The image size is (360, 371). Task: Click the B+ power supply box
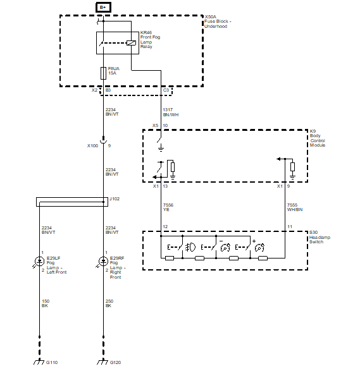(103, 8)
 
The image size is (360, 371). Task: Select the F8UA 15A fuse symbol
(103, 73)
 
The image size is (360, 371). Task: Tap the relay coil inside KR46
(131, 43)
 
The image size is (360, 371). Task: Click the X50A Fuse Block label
(218, 21)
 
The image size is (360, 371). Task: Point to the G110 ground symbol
(39, 362)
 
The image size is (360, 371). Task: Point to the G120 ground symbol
(102, 362)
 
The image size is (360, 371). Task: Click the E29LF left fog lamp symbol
(39, 262)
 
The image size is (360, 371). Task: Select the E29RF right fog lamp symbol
(103, 262)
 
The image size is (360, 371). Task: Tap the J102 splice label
(115, 199)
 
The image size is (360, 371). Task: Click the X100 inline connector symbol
(103, 140)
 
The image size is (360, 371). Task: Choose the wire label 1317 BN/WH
(171, 112)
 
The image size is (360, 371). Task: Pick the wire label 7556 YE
(168, 207)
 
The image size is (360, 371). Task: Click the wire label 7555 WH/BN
(295, 207)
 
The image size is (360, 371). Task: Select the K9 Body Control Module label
(318, 138)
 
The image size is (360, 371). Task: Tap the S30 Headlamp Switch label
(320, 237)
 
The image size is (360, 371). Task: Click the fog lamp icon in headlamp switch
(190, 248)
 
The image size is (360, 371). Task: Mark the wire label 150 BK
(46, 303)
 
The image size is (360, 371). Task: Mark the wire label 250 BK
(109, 303)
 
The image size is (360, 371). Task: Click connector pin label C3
(166, 90)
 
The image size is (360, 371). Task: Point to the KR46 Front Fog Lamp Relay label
(150, 40)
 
